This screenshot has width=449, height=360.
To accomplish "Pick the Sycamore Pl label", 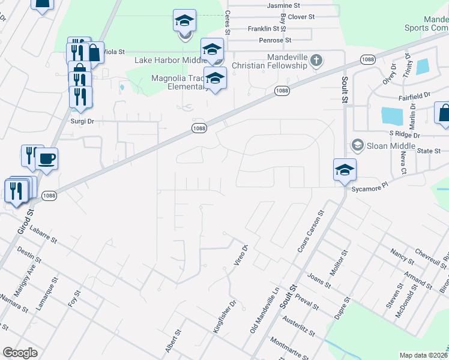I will pyautogui.click(x=368, y=187).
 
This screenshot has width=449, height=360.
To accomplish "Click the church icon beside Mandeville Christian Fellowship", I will pyautogui.click(x=316, y=60).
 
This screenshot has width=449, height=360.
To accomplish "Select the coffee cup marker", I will pyautogui.click(x=46, y=160).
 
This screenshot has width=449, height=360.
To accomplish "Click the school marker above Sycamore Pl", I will pyautogui.click(x=345, y=170).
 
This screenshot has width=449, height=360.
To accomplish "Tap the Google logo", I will pyautogui.click(x=20, y=353).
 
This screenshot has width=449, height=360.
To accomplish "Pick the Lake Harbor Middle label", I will pyautogui.click(x=170, y=60).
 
